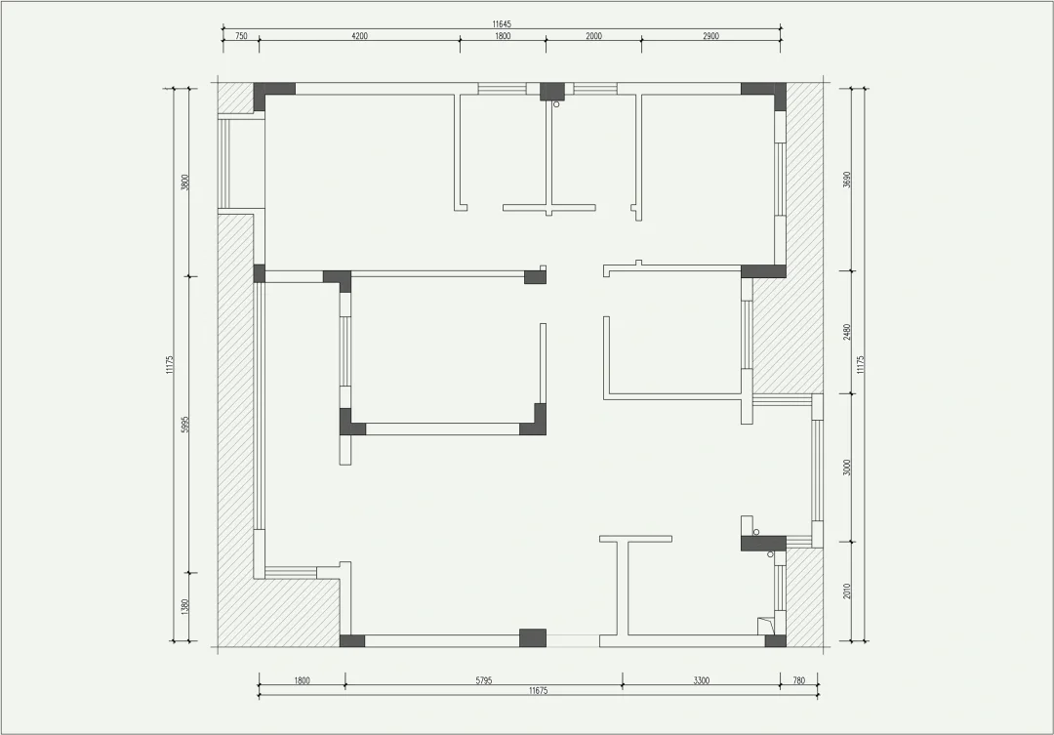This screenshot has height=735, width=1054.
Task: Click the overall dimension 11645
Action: click(x=502, y=24)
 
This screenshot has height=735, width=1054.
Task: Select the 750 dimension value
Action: click(x=241, y=36)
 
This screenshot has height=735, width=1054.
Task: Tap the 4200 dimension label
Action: click(x=359, y=36)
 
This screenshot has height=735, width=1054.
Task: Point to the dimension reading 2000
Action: click(x=593, y=36)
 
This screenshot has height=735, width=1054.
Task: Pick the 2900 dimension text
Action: click(x=711, y=36)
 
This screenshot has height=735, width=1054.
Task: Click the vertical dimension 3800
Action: click(x=185, y=183)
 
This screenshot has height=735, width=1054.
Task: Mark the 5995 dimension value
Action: click(x=185, y=424)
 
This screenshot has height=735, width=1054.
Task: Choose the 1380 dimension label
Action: click(x=185, y=606)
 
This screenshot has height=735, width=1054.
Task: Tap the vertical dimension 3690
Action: click(x=847, y=180)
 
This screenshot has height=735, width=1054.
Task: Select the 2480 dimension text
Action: click(x=847, y=332)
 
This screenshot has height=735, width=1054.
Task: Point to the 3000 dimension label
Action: click(x=847, y=468)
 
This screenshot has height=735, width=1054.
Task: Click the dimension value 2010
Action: click(x=847, y=592)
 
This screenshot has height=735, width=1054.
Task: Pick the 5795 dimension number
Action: click(x=484, y=680)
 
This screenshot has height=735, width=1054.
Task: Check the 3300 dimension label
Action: click(x=701, y=680)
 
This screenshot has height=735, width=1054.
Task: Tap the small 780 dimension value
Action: click(x=798, y=680)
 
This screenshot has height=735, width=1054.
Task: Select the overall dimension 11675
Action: click(x=539, y=691)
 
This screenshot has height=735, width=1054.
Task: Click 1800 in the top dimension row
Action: click(x=503, y=36)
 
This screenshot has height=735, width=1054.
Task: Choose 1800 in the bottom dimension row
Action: click(x=302, y=680)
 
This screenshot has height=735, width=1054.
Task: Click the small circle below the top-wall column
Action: click(x=556, y=104)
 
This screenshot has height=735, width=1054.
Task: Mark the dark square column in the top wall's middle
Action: click(x=551, y=91)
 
